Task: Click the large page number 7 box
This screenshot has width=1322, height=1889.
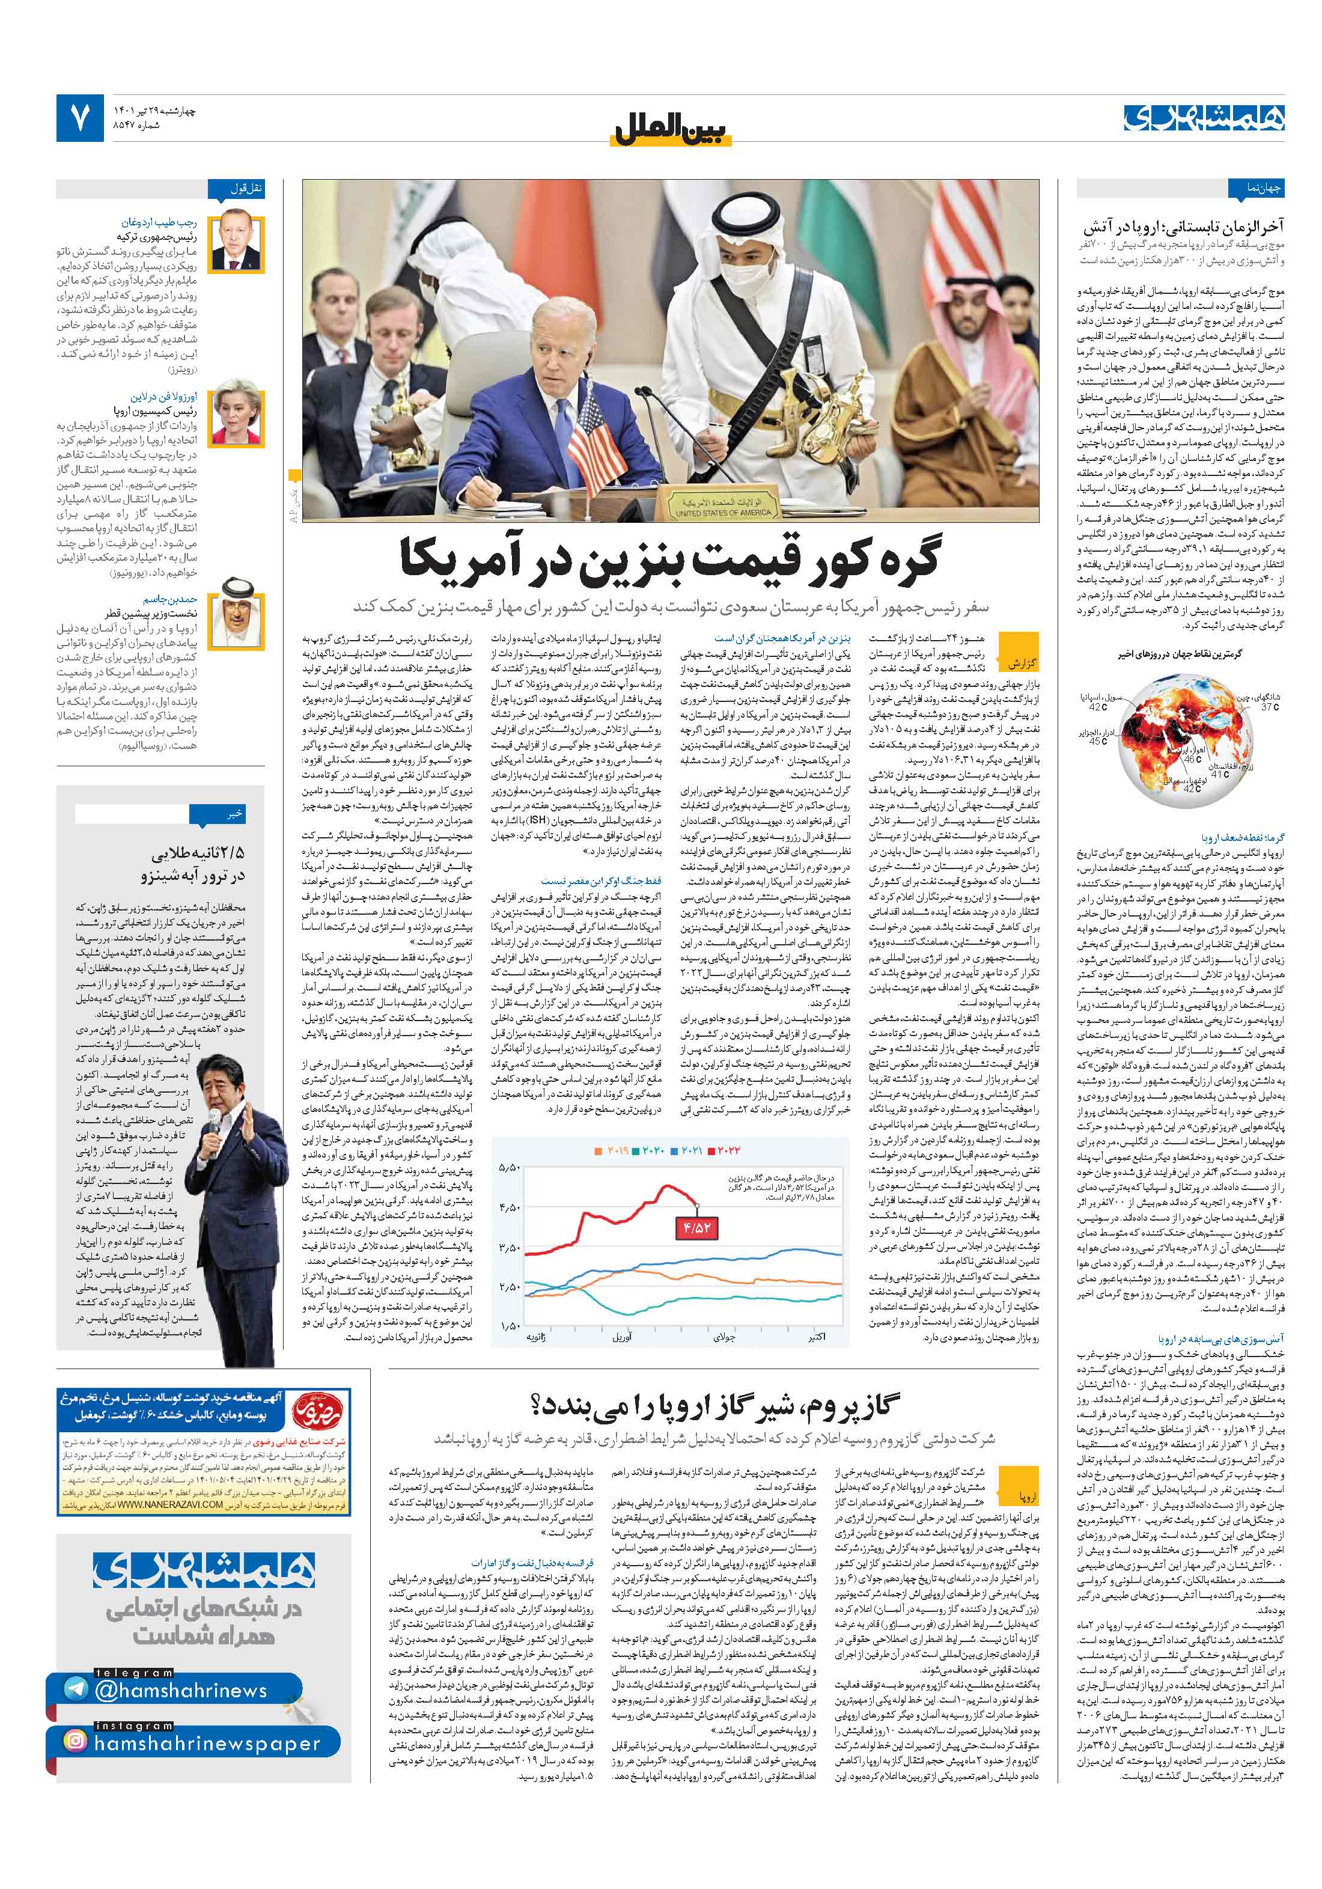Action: point(80,118)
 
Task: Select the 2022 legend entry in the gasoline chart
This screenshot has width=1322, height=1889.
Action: point(725,1150)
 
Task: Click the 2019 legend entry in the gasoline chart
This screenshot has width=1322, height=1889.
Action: point(611,1150)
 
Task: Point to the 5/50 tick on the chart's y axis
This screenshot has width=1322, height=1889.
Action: point(510,1168)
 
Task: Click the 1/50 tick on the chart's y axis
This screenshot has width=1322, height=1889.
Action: point(510,1325)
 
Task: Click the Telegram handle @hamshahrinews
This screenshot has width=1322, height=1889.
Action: point(180,1690)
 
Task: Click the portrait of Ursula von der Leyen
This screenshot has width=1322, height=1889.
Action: point(236,417)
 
